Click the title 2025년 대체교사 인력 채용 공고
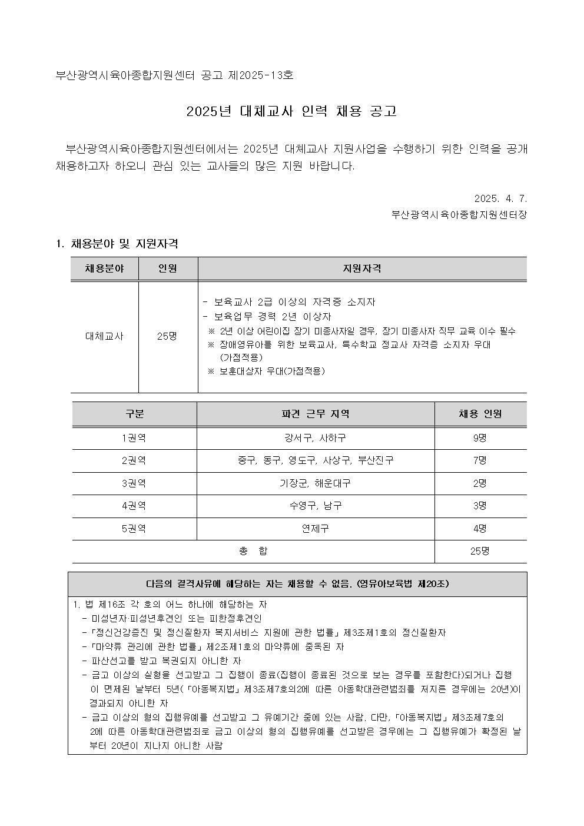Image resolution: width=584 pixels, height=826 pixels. [x=291, y=111]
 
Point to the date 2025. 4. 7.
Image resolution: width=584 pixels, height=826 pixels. [x=500, y=198]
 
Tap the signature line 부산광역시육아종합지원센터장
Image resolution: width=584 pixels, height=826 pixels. [x=459, y=214]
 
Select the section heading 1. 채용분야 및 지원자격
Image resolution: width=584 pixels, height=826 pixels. [x=117, y=244]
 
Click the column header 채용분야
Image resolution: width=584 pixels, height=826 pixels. [x=104, y=268]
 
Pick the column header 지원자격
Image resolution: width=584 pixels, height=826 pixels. [x=362, y=268]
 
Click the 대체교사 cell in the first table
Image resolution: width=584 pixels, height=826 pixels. [x=104, y=336]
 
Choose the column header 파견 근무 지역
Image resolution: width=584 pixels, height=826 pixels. [x=316, y=414]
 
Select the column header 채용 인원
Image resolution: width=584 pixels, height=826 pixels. [x=480, y=414]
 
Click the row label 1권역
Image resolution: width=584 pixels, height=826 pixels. [x=134, y=438]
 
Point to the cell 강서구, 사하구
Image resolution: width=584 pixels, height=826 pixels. [x=316, y=438]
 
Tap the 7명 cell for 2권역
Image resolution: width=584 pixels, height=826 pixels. [x=480, y=460]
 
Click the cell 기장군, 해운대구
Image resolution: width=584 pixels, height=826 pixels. [x=316, y=483]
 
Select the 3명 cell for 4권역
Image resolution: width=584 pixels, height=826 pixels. [x=480, y=506]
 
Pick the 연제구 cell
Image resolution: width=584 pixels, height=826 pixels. [x=316, y=529]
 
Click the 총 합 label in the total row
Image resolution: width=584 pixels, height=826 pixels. [x=253, y=551]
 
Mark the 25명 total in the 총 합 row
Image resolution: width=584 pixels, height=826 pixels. [x=480, y=551]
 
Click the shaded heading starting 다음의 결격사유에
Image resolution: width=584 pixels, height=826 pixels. [x=297, y=584]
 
